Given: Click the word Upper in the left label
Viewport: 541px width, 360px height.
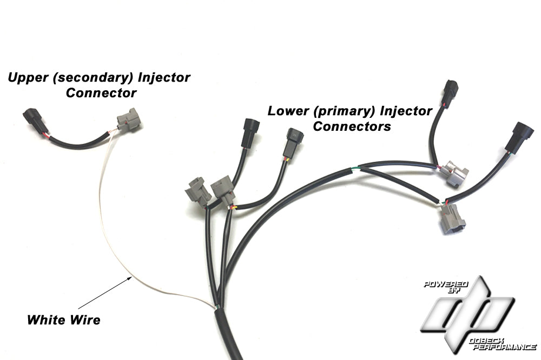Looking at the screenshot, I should [27, 77].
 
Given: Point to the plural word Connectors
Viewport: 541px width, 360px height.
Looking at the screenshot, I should [352, 127].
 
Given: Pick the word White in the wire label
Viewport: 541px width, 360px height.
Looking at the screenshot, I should [46, 319].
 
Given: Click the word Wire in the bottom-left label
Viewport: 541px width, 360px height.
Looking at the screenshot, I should [85, 319].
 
